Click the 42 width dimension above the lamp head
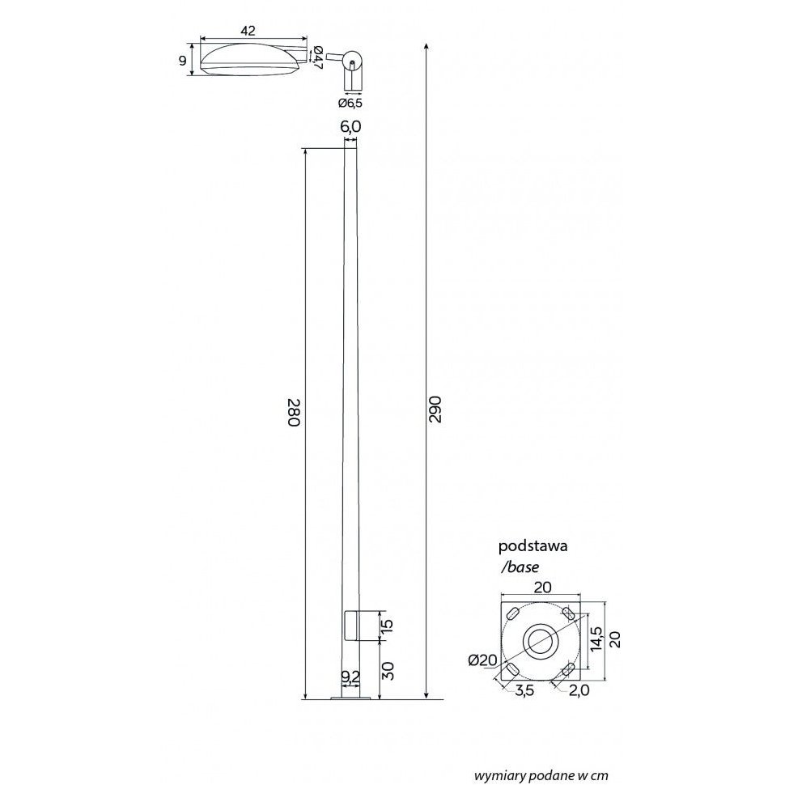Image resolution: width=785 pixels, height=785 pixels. click(248, 31)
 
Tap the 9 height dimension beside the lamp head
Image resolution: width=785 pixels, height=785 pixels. click(183, 61)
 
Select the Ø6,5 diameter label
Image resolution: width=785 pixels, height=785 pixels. click(350, 103)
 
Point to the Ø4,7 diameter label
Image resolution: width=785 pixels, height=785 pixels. click(318, 57)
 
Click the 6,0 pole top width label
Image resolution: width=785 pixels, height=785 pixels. click(350, 127)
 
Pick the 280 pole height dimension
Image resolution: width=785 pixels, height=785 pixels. click(294, 412)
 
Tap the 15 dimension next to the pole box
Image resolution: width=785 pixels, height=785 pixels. click(388, 626)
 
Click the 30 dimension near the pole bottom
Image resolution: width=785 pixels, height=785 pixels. click(388, 670)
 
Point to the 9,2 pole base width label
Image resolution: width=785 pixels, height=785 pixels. click(350, 677)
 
